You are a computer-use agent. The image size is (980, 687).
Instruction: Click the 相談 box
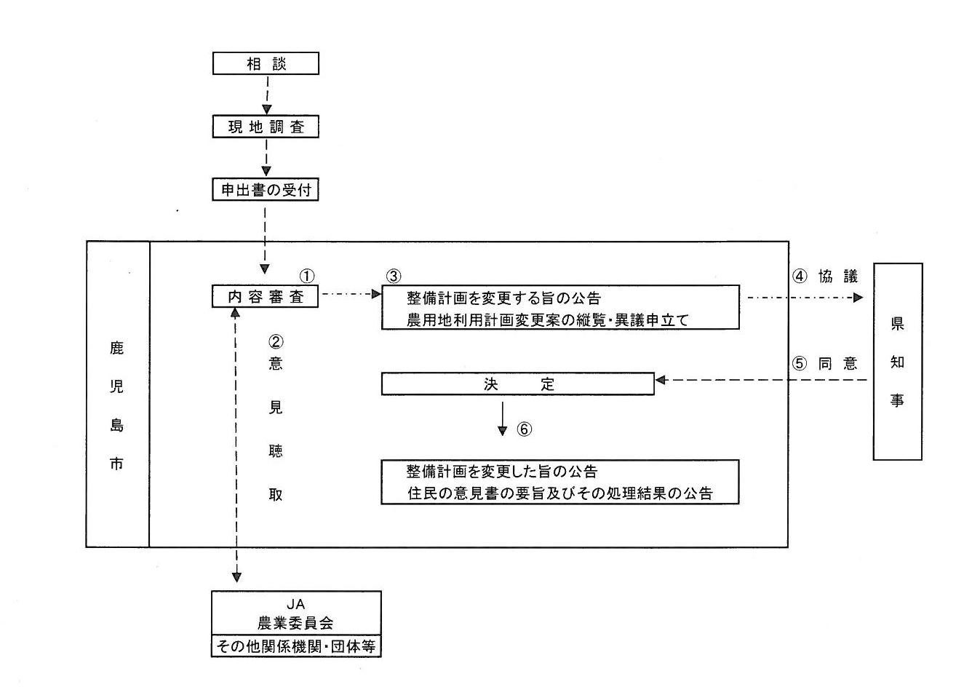pyautogui.click(x=266, y=63)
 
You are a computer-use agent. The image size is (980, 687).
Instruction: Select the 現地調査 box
pyautogui.click(x=266, y=127)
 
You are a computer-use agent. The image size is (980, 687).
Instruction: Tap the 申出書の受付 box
pyautogui.click(x=266, y=190)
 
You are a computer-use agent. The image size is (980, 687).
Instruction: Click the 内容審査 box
pyautogui.click(x=265, y=296)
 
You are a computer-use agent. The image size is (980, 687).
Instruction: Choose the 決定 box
pyautogui.click(x=517, y=384)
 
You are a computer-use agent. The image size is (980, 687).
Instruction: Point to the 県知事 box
pyautogui.click(x=897, y=362)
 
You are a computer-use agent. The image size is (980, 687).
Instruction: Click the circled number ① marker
pyautogui.click(x=307, y=276)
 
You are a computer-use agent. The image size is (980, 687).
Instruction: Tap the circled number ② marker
pyautogui.click(x=276, y=341)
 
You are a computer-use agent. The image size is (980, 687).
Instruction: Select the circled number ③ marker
pyautogui.click(x=393, y=276)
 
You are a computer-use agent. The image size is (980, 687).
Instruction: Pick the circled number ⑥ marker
pyautogui.click(x=525, y=429)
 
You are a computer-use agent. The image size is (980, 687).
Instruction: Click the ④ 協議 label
pyautogui.click(x=825, y=277)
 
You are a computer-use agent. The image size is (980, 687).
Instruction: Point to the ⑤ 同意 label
pyautogui.click(x=825, y=363)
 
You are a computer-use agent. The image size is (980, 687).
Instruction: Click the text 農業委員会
pyautogui.click(x=295, y=623)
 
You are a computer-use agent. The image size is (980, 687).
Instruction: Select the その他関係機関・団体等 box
pyautogui.click(x=295, y=646)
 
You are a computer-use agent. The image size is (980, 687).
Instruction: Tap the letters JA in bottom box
pyautogui.click(x=295, y=604)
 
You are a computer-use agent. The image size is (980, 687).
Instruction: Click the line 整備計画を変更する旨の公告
pyautogui.click(x=503, y=298)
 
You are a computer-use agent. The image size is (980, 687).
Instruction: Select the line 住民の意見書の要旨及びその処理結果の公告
pyautogui.click(x=559, y=493)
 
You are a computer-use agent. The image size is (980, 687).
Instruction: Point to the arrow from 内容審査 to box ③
pyautogui.click(x=350, y=294)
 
